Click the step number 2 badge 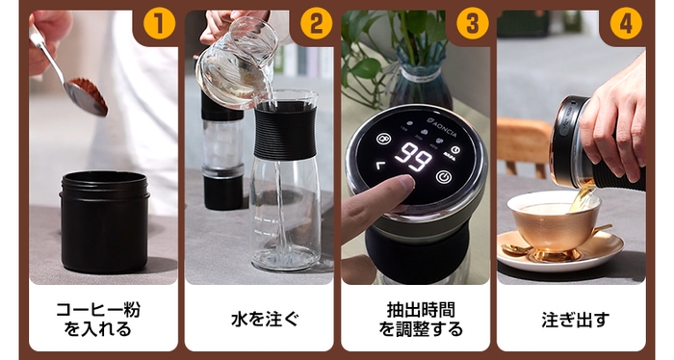point(315,23)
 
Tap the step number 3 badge point(470,23)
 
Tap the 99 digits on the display point(416,158)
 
